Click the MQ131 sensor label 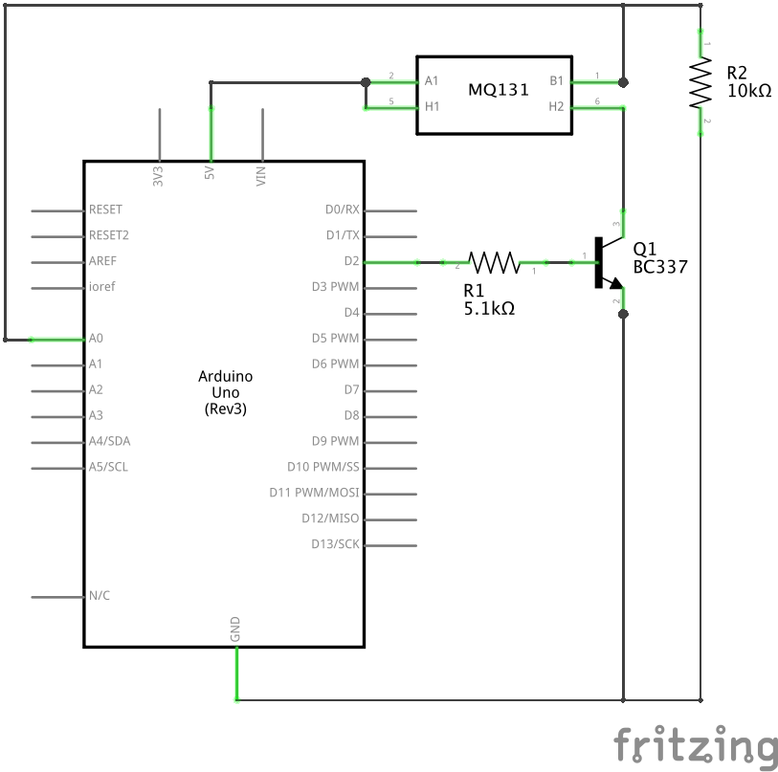tap(494, 90)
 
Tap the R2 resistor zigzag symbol tap(701, 83)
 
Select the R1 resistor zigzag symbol tap(493, 261)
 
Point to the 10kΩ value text tap(748, 91)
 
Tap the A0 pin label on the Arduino tap(96, 339)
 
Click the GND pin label tap(235, 629)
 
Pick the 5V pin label tap(210, 175)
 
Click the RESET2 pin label tap(108, 234)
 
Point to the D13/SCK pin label tap(335, 544)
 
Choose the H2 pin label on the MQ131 tap(556, 106)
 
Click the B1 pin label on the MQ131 tap(556, 81)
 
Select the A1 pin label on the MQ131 tap(432, 81)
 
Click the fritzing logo tap(695, 745)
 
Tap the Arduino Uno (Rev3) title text tap(226, 392)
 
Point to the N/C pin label tap(100, 595)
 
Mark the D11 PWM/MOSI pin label tap(314, 493)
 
